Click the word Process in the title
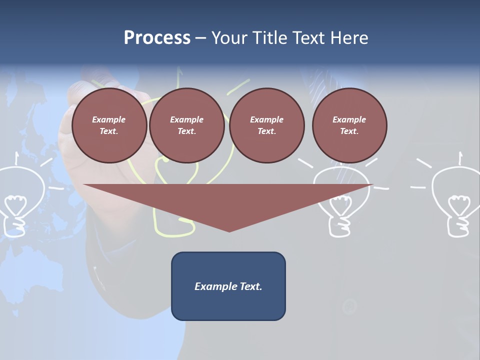pos(157,38)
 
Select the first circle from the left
pos(109,125)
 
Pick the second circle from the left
pos(187,125)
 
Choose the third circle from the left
pos(267,125)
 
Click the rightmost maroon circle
pos(349,125)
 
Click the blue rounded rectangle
pos(228,286)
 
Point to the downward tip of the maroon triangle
pos(229,230)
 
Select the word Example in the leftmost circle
pos(109,119)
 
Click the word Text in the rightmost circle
pos(348,131)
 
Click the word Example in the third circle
pos(267,119)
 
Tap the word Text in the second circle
pos(186,131)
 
